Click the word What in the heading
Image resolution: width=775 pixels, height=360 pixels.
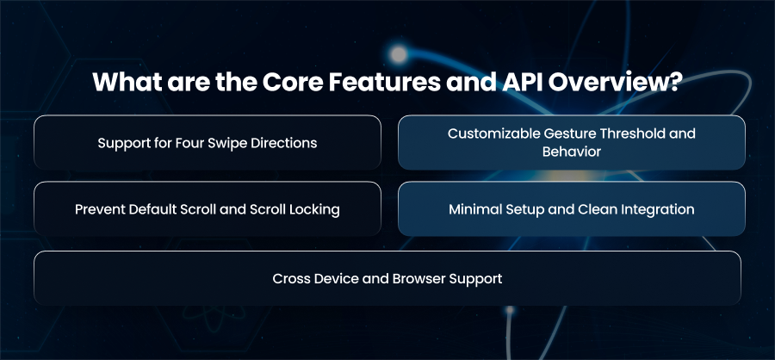127,82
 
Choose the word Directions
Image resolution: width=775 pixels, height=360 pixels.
282,144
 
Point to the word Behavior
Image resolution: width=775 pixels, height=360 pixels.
572,152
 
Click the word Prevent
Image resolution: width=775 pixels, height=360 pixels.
100,209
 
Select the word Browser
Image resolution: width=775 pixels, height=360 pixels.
418,278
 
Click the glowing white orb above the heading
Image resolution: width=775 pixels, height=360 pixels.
398,54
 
